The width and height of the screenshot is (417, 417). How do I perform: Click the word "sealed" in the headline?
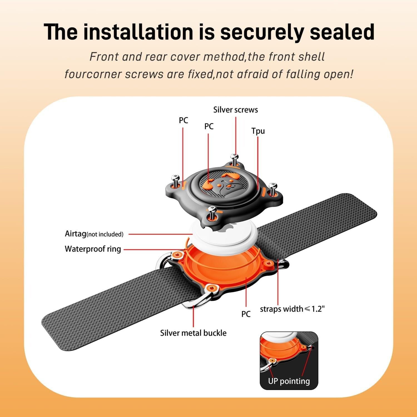(x=342, y=32)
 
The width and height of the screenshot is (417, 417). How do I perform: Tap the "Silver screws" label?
(x=235, y=110)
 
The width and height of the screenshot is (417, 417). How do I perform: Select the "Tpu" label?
(x=258, y=131)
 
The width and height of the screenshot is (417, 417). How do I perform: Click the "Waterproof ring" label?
(x=93, y=249)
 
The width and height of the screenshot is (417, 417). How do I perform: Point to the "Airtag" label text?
(x=75, y=234)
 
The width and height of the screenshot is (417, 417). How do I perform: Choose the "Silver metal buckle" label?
(x=193, y=333)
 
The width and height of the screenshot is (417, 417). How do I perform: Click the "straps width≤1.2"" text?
(x=292, y=309)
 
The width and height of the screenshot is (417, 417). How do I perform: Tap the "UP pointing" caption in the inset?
(x=289, y=381)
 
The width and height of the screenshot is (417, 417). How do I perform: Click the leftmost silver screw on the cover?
(x=175, y=181)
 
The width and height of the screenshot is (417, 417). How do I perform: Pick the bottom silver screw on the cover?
(x=213, y=213)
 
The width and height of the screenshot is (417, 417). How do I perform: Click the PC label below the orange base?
(x=246, y=314)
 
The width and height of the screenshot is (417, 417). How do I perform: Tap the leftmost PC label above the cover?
(x=183, y=120)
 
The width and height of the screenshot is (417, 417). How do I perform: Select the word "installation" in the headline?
(x=138, y=32)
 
